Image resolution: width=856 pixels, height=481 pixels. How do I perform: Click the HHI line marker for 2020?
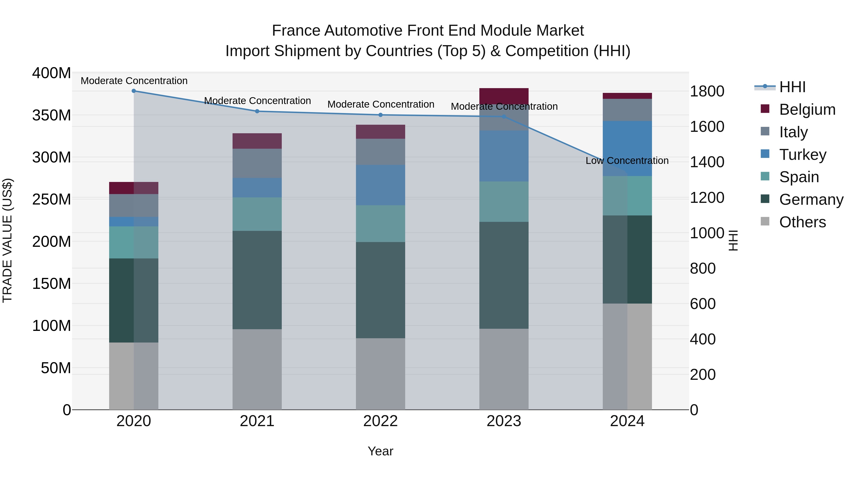click(x=134, y=91)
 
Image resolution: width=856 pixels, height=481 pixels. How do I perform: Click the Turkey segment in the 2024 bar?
click(x=627, y=148)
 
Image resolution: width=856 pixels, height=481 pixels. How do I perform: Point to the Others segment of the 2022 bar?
click(x=380, y=374)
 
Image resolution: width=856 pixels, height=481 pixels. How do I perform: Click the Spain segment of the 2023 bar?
click(x=504, y=201)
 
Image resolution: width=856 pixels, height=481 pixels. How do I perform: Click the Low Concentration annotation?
click(x=627, y=161)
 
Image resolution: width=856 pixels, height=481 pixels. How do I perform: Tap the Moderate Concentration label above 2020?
click(x=134, y=81)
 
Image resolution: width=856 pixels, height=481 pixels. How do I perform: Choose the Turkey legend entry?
click(x=802, y=155)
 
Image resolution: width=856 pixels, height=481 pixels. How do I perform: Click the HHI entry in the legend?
click(x=792, y=87)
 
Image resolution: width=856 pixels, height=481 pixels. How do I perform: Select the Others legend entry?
click(x=802, y=222)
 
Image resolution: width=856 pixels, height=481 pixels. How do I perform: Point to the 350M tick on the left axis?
click(x=52, y=115)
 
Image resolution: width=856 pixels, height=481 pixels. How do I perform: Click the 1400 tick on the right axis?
click(x=707, y=162)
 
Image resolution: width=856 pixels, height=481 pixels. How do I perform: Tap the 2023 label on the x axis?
click(x=504, y=421)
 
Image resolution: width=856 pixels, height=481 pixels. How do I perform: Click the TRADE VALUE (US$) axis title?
click(x=8, y=240)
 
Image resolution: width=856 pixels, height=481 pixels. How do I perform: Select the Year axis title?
click(x=380, y=451)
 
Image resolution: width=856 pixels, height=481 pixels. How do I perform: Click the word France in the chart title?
click(x=297, y=31)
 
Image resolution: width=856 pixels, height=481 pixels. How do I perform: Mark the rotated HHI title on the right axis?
click(x=733, y=240)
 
